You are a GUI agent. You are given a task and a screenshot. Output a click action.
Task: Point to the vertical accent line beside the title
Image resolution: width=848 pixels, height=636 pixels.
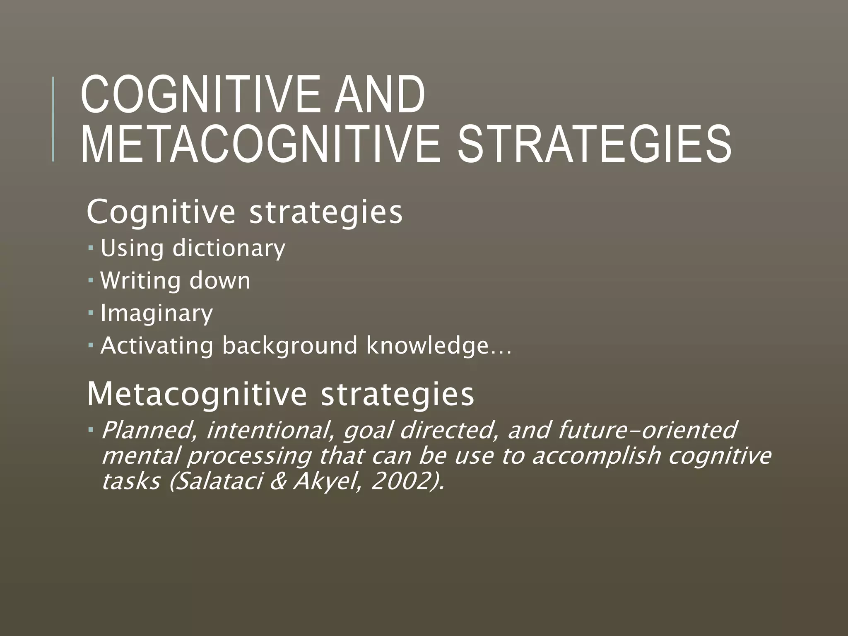coord(53,119)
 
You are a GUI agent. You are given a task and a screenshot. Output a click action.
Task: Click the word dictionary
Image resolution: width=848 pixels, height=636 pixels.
coord(229,248)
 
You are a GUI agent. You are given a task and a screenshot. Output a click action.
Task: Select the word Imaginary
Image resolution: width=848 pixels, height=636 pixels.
coord(157,313)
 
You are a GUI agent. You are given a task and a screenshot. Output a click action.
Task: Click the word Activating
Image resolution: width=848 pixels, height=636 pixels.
coord(157,346)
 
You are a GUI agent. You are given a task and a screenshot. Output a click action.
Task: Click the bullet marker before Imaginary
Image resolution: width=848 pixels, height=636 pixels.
coord(91,311)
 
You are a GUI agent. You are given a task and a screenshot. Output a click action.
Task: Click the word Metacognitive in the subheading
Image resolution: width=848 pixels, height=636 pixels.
coord(197,394)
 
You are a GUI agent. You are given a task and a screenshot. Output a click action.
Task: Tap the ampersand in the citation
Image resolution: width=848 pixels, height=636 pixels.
coord(278,481)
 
